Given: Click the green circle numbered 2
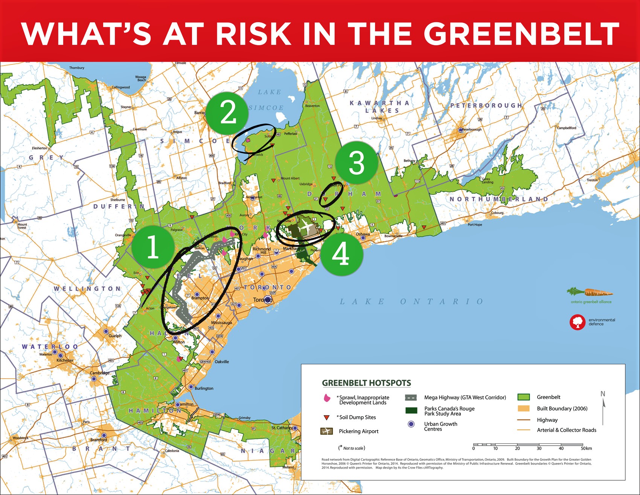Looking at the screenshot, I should (x=228, y=113).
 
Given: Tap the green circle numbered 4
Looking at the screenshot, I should (x=341, y=254).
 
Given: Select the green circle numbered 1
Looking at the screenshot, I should (x=153, y=247).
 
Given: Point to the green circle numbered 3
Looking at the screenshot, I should (x=357, y=163).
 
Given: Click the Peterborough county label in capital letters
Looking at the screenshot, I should (x=486, y=105).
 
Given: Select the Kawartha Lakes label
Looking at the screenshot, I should (x=379, y=107).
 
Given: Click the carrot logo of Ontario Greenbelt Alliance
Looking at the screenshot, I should (x=590, y=292).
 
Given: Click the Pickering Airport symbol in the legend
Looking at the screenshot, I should (x=326, y=431).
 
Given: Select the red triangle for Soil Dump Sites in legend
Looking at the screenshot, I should (x=326, y=417).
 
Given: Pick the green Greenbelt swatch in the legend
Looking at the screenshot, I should (x=523, y=397).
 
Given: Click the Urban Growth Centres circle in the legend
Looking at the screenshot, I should (x=411, y=424).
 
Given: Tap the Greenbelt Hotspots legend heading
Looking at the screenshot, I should (x=366, y=383).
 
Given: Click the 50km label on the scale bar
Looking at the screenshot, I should (x=586, y=448).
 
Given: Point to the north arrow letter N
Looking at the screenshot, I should (x=603, y=394).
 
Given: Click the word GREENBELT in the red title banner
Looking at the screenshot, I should (x=521, y=34).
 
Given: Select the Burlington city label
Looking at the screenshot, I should (x=204, y=388).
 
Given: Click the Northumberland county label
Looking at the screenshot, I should (x=499, y=199).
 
